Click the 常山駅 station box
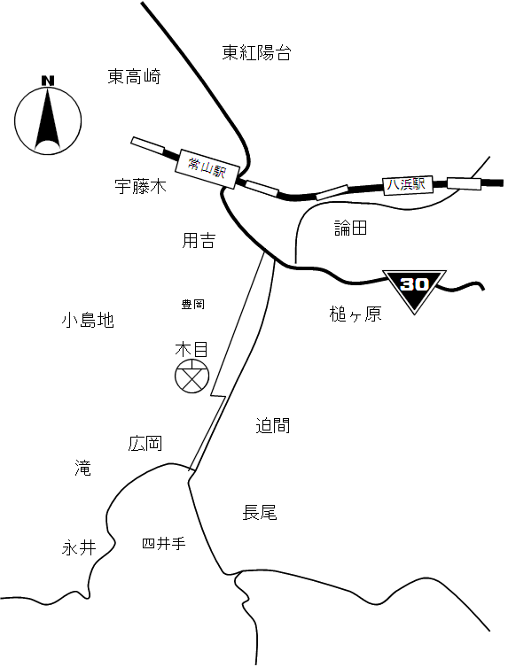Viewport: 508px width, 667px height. point(206,168)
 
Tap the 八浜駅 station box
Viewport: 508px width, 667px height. point(408,185)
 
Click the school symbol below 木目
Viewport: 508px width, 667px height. point(192,376)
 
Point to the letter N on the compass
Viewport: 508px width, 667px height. point(48,81)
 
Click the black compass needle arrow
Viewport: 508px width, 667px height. point(47,119)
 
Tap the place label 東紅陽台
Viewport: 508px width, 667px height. point(257,53)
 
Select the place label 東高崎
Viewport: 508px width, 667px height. point(134,76)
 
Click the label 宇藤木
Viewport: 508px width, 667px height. point(140,186)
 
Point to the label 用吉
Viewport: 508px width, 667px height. point(199,241)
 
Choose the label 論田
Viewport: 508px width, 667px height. point(350,229)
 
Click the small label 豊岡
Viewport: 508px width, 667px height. point(193,304)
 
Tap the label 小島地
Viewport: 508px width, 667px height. point(88,320)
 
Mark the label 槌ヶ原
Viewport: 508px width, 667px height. point(356,314)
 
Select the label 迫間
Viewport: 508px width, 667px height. point(273,425)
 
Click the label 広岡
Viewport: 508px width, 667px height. point(145,444)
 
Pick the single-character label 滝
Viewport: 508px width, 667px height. point(82,468)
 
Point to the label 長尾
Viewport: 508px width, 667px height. point(260,513)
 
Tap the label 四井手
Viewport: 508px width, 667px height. point(164,544)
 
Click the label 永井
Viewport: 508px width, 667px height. point(79,548)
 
